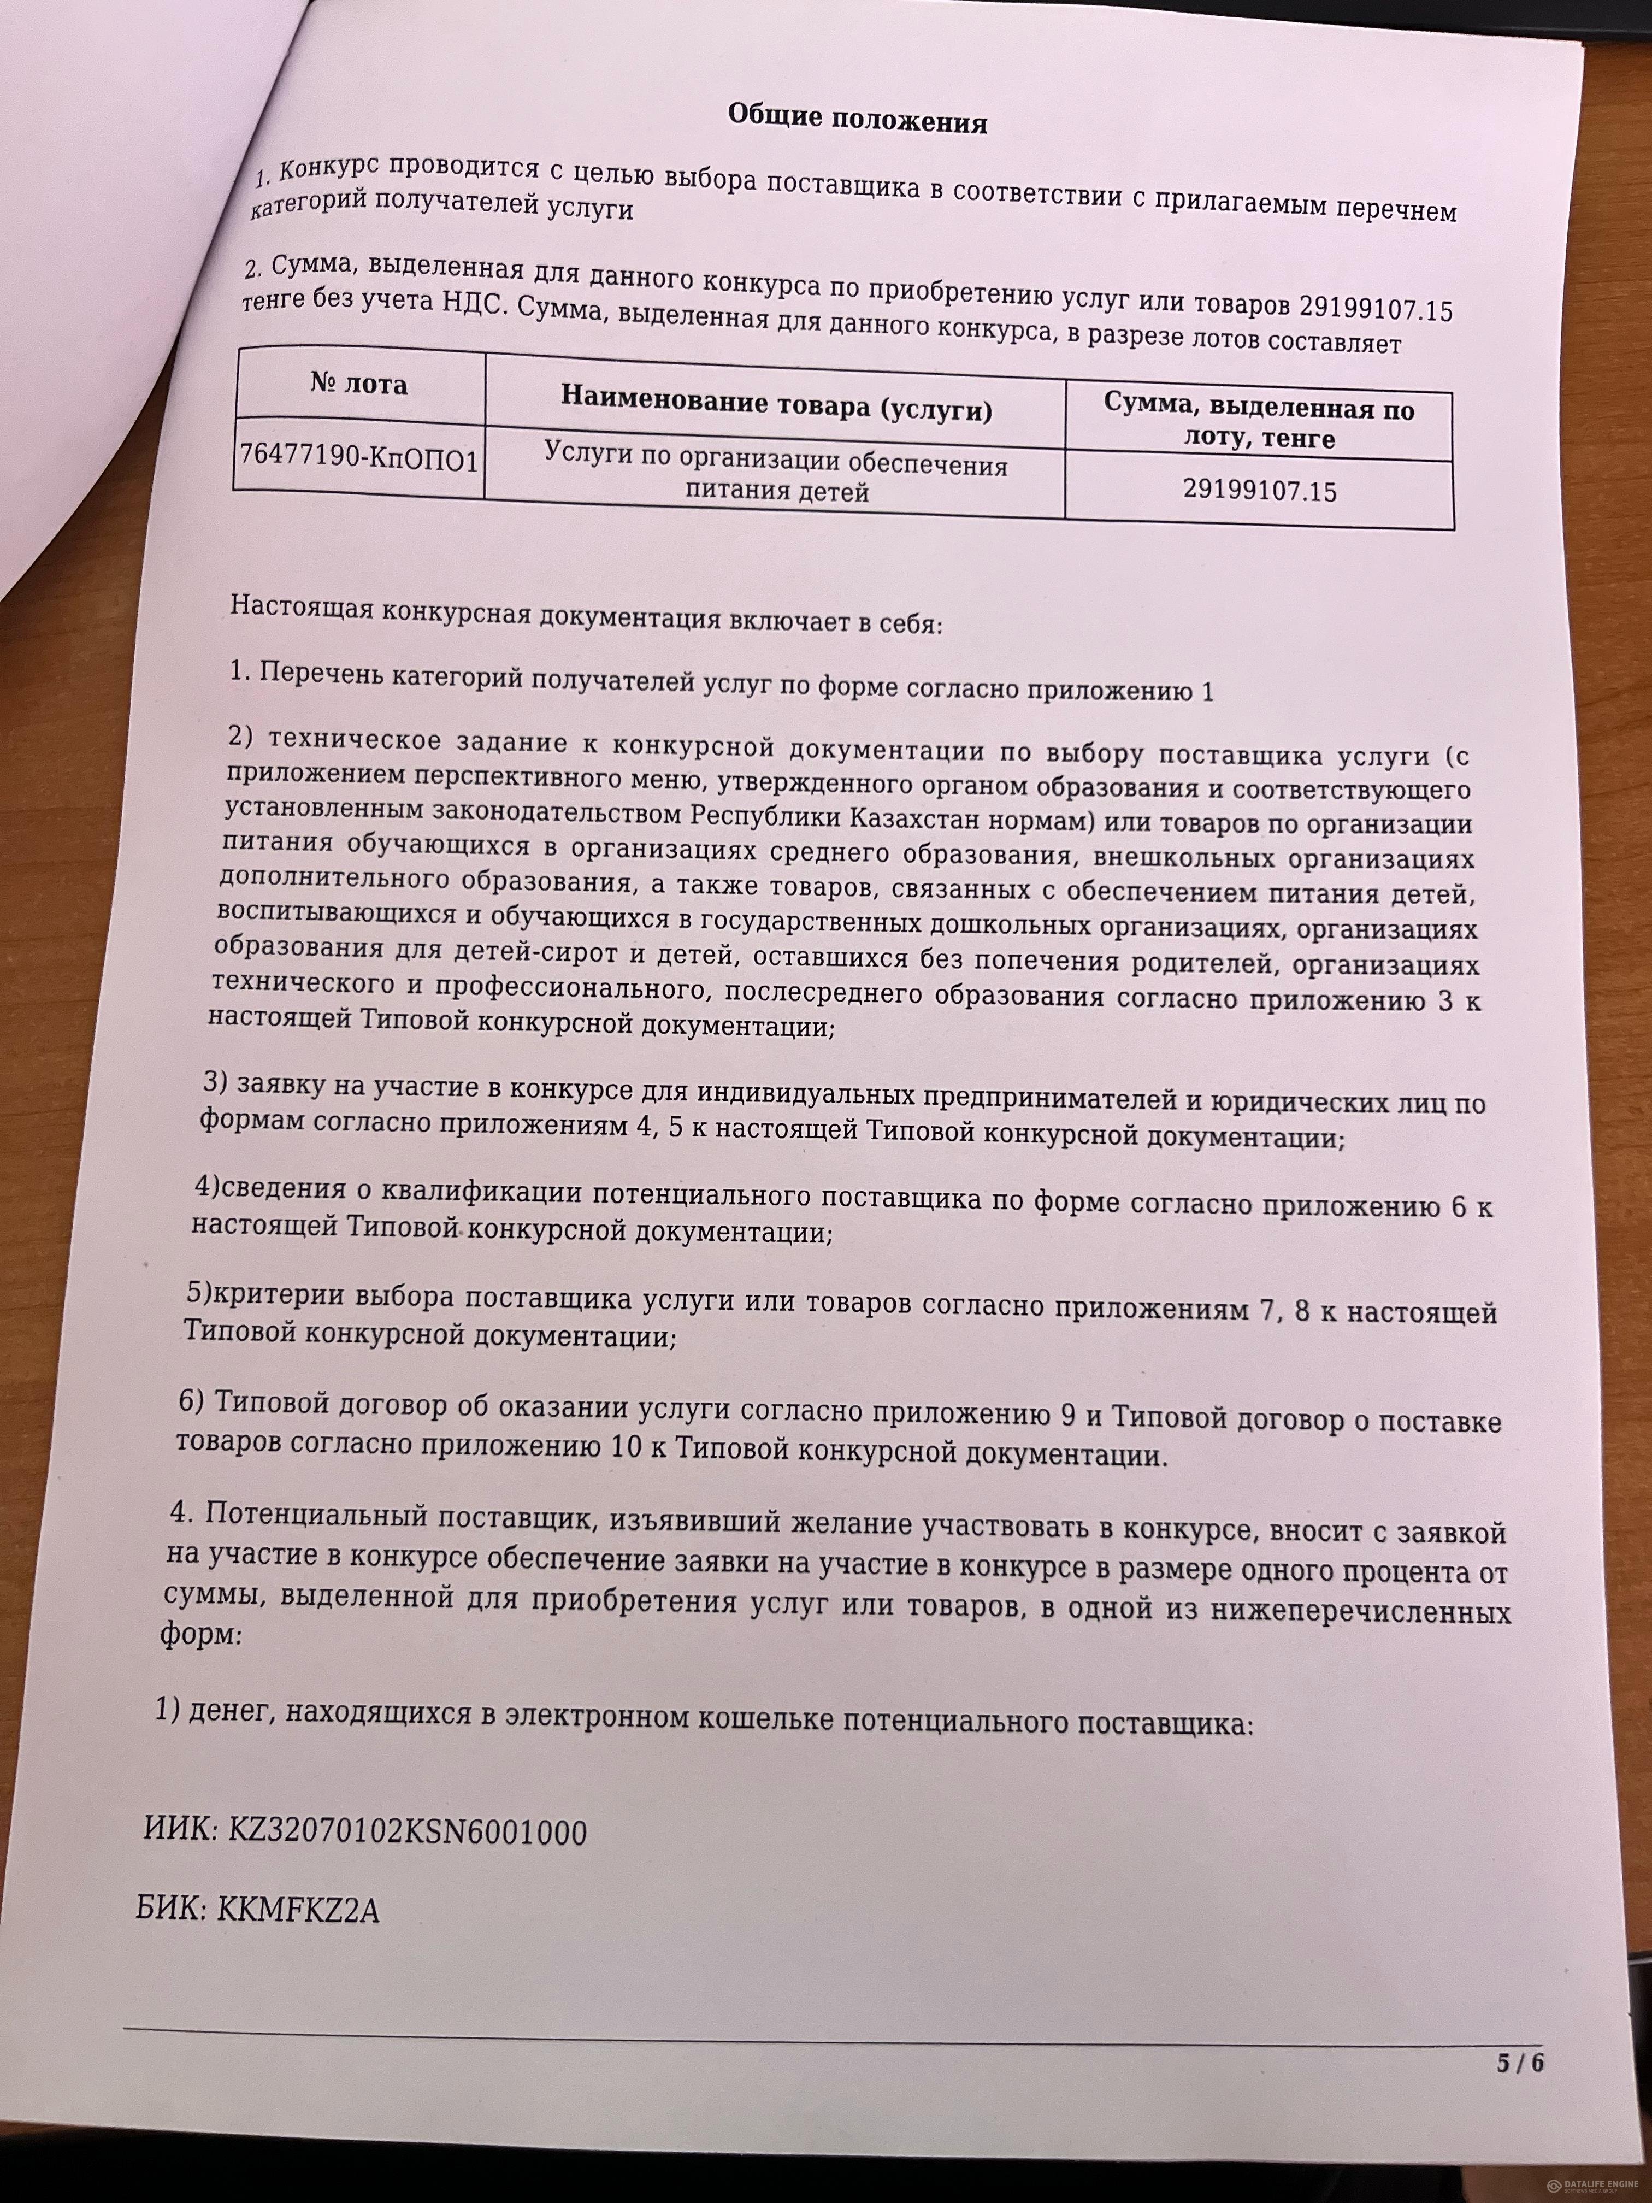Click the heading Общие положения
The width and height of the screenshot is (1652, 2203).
click(x=857, y=121)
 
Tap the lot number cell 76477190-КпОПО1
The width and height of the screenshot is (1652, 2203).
click(x=358, y=457)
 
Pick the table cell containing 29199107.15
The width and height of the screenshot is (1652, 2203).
click(x=1260, y=491)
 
